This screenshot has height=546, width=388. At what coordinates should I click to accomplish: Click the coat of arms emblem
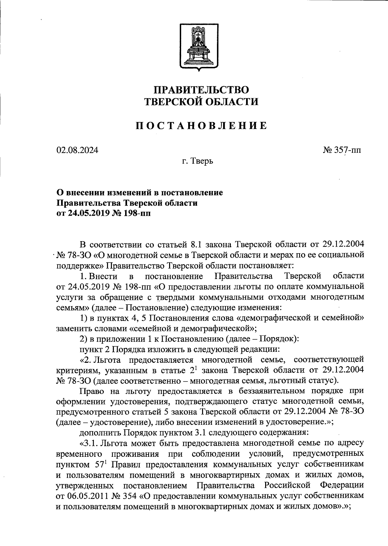(198, 46)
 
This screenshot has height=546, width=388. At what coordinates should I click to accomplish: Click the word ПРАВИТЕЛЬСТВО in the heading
(201, 90)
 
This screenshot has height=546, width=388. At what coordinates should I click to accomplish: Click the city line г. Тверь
(197, 161)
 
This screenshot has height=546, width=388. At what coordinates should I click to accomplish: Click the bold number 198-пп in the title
(136, 213)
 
